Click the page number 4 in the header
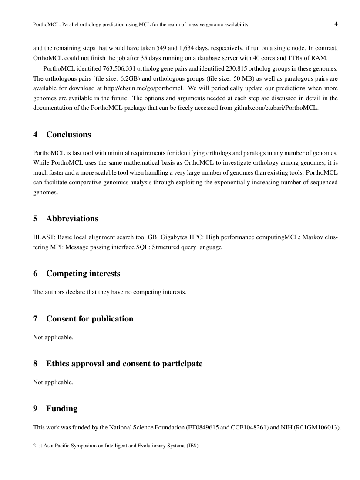[x=336, y=24]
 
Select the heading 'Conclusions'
[x=68, y=135]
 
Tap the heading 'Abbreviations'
[x=72, y=219]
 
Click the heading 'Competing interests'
[x=83, y=274]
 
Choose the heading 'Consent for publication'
[x=90, y=319]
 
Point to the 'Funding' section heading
[x=62, y=409]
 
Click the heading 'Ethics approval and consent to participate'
[x=124, y=364]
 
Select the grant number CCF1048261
[x=249, y=428]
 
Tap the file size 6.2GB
[x=129, y=79]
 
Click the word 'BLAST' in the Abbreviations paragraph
[x=42, y=237]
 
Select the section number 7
[x=35, y=319]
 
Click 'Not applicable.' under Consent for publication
[x=53, y=337]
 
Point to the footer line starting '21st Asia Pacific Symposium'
[x=116, y=446]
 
